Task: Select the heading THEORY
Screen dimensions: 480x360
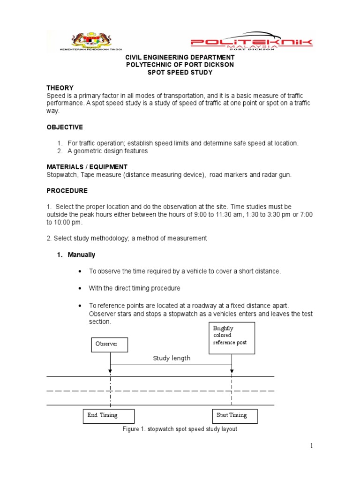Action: (60, 88)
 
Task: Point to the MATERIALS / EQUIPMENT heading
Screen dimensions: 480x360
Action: (87, 167)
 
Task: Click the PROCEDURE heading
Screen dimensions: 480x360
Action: (67, 191)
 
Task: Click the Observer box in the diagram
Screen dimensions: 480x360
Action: (110, 344)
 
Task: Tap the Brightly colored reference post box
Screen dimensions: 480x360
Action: (232, 337)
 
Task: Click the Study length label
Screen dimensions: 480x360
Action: (172, 358)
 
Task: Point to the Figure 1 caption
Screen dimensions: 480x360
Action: (180, 429)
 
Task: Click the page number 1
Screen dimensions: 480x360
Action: (310, 446)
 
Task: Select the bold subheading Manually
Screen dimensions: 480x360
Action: (81, 255)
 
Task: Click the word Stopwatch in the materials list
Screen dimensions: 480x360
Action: (60, 175)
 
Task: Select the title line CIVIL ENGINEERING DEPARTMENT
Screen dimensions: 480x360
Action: (179, 57)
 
